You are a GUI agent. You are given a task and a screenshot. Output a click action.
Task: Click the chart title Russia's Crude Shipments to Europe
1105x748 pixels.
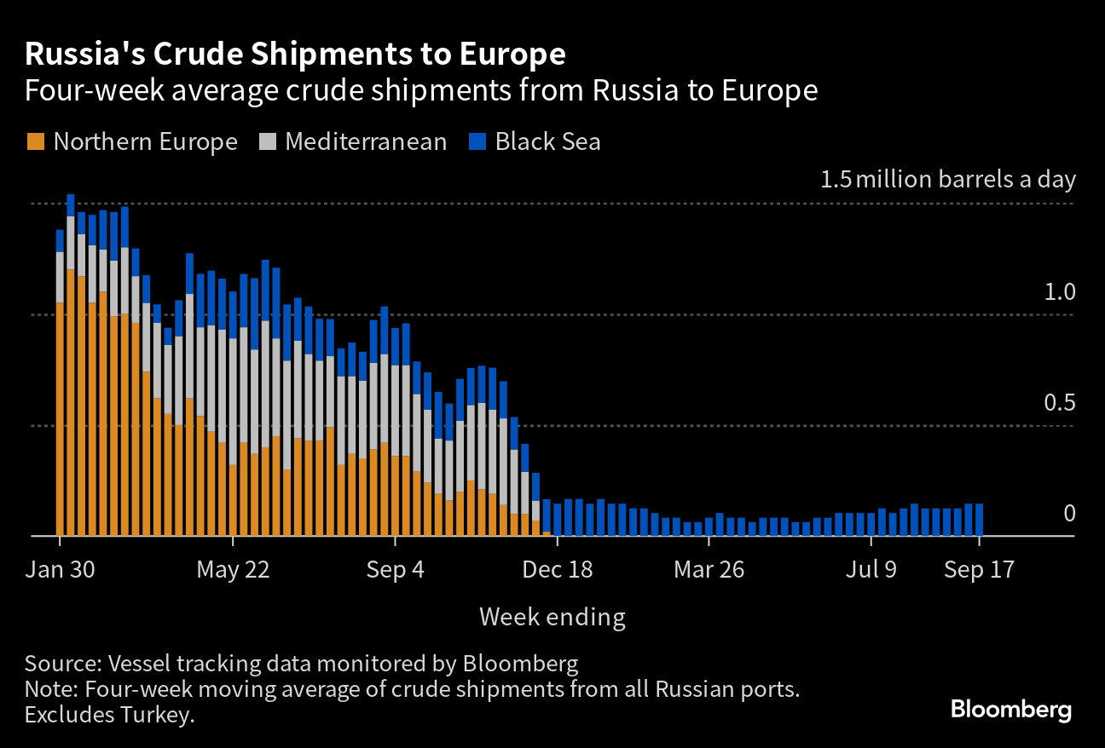(295, 55)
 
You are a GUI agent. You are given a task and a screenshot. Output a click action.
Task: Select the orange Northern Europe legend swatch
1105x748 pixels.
(35, 141)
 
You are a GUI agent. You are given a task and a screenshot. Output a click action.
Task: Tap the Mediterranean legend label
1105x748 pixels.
(366, 141)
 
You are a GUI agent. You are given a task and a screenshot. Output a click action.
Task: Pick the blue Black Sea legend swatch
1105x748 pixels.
(478, 141)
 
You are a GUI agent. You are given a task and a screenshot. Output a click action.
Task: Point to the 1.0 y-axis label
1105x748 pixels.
(1060, 293)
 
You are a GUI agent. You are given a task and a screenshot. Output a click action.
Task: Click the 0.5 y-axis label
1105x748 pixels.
(1060, 403)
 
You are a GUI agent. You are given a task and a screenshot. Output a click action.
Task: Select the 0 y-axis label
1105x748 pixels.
(1069, 514)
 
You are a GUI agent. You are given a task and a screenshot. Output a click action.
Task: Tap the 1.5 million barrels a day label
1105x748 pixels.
(948, 180)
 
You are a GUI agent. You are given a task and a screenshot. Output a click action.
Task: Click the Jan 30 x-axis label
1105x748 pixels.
(60, 570)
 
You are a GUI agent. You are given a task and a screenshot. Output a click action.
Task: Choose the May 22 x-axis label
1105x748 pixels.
(233, 570)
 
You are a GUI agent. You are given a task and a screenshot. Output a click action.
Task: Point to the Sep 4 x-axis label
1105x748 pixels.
(395, 570)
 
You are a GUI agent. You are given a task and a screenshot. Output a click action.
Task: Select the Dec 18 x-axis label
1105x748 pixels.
(556, 570)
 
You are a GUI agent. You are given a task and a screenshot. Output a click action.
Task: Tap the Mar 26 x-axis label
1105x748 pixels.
(709, 570)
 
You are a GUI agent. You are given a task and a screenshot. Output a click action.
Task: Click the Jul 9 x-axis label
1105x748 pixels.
(871, 570)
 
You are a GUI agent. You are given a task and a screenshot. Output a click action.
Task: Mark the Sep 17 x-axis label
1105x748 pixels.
(979, 570)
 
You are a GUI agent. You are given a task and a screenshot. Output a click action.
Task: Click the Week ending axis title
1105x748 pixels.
(552, 616)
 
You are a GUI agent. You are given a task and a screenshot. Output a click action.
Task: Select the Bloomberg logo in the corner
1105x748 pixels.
(1011, 709)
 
